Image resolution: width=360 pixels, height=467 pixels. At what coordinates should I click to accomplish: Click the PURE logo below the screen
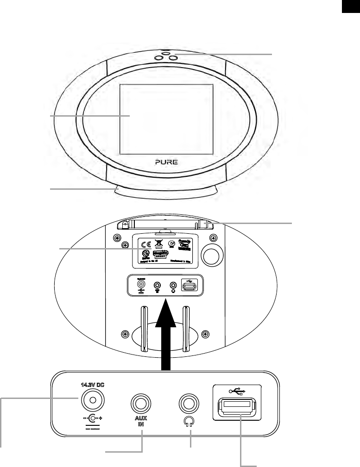pos(166,162)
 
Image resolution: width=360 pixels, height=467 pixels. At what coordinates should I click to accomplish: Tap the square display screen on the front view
pos(166,119)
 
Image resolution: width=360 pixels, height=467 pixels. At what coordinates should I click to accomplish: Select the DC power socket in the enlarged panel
pos(93,400)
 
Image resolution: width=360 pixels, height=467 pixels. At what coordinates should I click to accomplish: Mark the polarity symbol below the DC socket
pos(93,420)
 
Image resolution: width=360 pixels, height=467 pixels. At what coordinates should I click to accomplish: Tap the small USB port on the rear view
pos(189,287)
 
